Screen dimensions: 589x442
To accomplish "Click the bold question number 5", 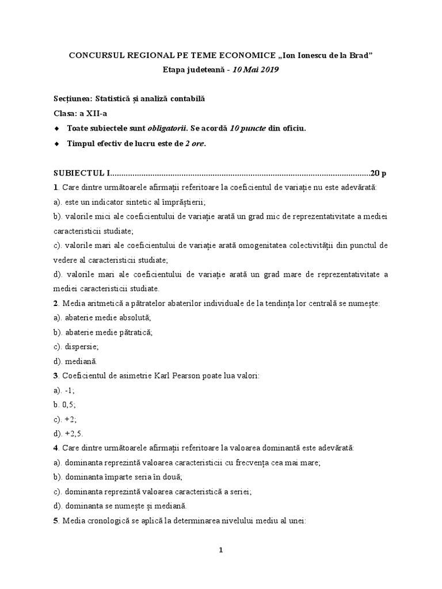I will (x=56, y=521).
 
